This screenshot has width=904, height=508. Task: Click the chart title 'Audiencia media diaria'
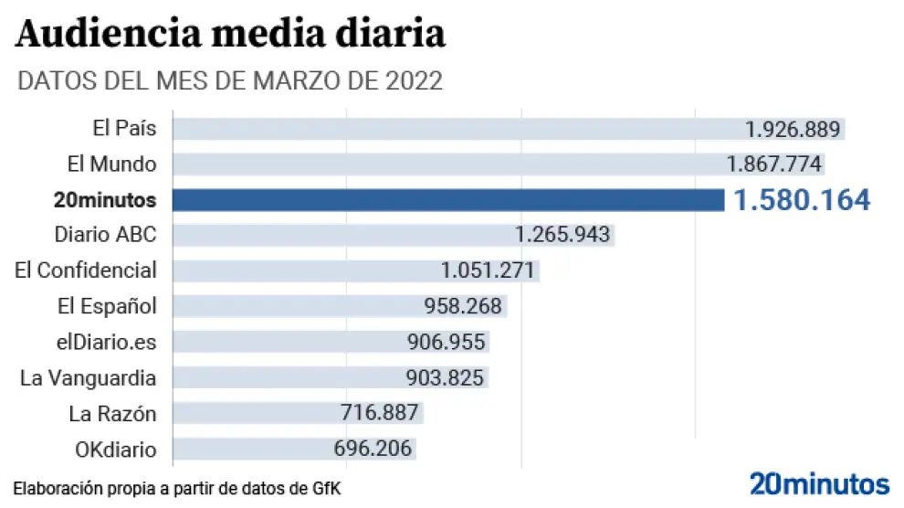click(x=230, y=35)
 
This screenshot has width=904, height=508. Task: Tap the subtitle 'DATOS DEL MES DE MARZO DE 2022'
click(x=230, y=80)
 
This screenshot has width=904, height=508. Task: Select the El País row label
click(x=124, y=129)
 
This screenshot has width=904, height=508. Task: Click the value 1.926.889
click(x=792, y=129)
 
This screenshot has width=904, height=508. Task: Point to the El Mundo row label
click(x=111, y=164)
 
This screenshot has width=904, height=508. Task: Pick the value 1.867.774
click(x=774, y=164)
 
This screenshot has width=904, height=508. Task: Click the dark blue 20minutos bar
click(x=447, y=200)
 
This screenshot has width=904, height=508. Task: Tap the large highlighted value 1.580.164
click(x=802, y=200)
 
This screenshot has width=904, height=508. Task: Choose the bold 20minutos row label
click(x=104, y=200)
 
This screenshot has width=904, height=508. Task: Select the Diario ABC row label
click(x=105, y=235)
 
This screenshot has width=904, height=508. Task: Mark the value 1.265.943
click(x=562, y=235)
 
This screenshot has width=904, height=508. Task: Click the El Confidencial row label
click(x=86, y=270)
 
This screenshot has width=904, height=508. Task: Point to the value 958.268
click(x=463, y=306)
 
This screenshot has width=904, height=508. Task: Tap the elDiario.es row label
click(x=106, y=342)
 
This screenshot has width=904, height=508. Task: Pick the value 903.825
click(x=446, y=377)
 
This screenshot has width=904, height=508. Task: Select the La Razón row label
click(x=112, y=414)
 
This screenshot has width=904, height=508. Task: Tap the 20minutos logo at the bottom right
click(x=819, y=483)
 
